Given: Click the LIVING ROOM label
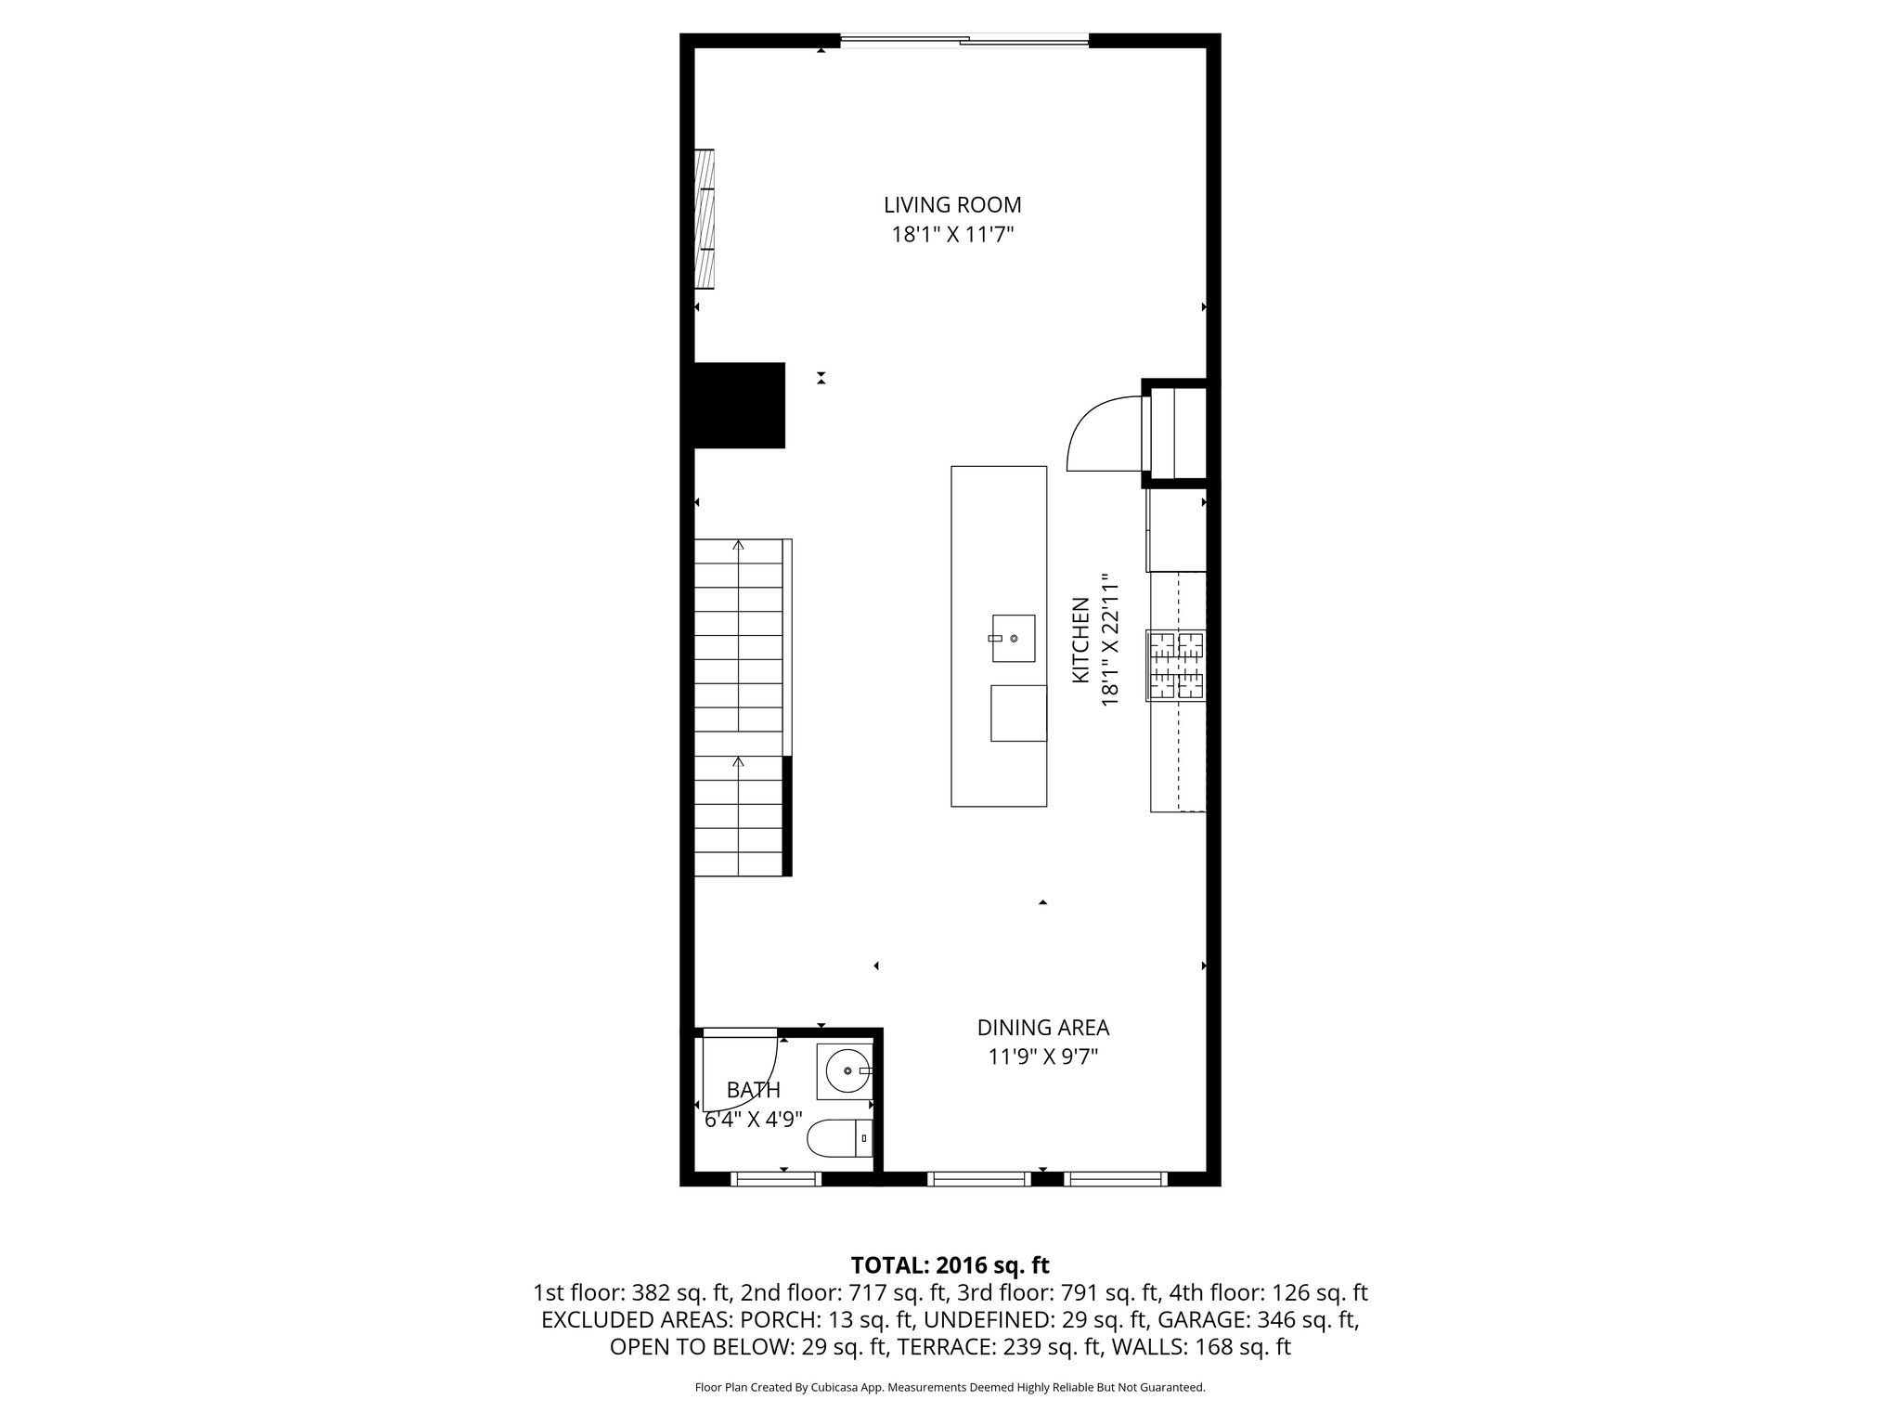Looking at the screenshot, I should coord(952,204).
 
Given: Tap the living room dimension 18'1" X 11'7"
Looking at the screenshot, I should coord(952,235).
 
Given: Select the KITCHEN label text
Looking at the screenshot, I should coord(1080,640).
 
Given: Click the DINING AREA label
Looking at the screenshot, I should coord(1042,1028).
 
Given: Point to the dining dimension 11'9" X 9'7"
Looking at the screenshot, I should coord(1042,1057).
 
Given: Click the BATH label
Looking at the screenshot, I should coord(753,1090).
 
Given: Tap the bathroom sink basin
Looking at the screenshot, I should coord(847,1071).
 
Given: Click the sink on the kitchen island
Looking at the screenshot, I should coord(1013,638).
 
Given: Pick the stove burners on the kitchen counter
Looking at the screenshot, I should coord(1175,665).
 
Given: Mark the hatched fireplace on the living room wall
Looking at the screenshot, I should coord(705,218).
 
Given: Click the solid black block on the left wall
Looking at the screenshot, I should coord(739,406).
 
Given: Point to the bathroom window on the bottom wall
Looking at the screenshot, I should coord(776,1179).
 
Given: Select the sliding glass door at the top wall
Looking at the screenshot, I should coord(963,40).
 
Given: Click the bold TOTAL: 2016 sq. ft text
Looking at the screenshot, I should coord(950,1265).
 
